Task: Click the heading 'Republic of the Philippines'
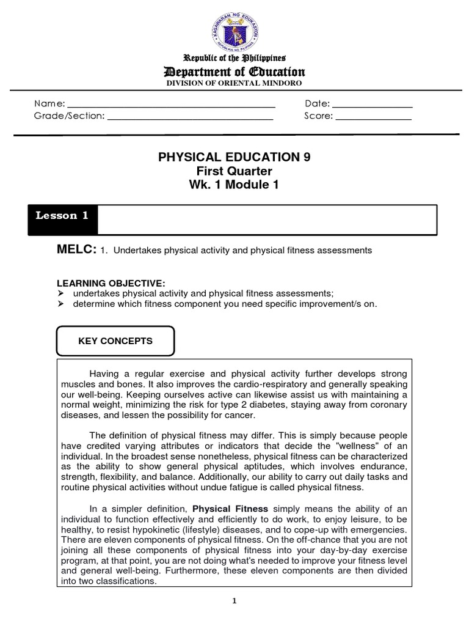point(234,59)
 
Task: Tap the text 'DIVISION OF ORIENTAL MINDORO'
point(234,83)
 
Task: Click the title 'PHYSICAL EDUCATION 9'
point(234,158)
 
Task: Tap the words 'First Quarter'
point(234,171)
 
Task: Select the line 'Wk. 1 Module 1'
point(234,185)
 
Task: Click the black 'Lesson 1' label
point(57,216)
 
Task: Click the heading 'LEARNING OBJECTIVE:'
point(111,284)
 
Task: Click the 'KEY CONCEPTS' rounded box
point(115,341)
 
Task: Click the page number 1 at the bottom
point(234,600)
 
